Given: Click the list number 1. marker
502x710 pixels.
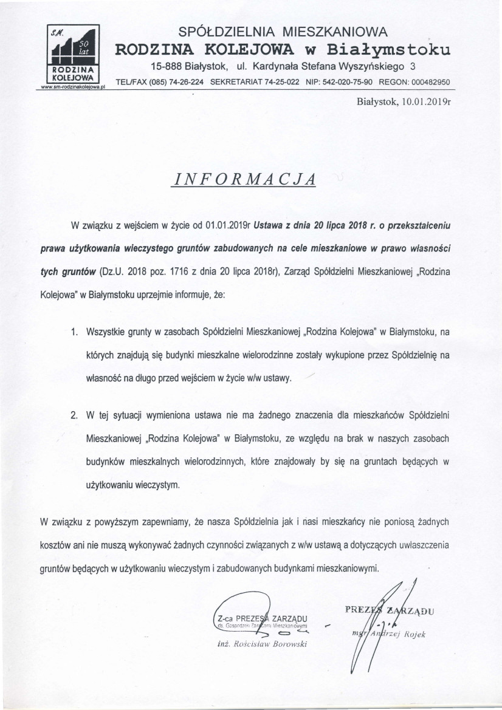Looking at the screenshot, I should point(75,332).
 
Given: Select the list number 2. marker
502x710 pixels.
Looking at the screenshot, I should point(75,416).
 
